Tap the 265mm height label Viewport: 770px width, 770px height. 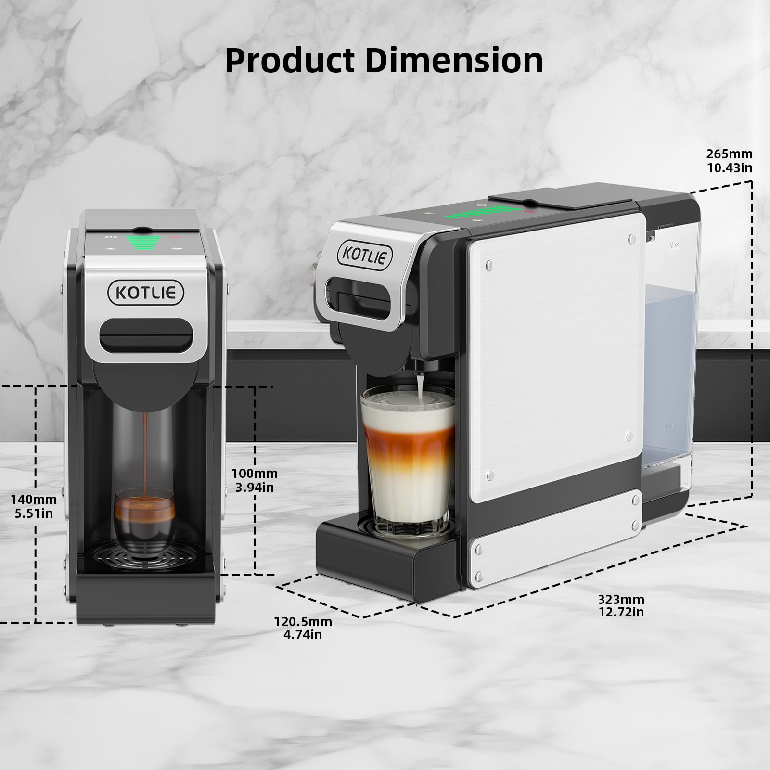(729, 154)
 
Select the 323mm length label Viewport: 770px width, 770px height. (621, 600)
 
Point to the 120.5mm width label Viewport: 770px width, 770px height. (303, 621)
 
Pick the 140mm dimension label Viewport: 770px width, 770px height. (34, 500)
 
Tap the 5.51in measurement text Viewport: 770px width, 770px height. (34, 513)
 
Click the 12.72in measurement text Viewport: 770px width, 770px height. (621, 612)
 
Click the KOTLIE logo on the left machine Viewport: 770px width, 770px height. (146, 292)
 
